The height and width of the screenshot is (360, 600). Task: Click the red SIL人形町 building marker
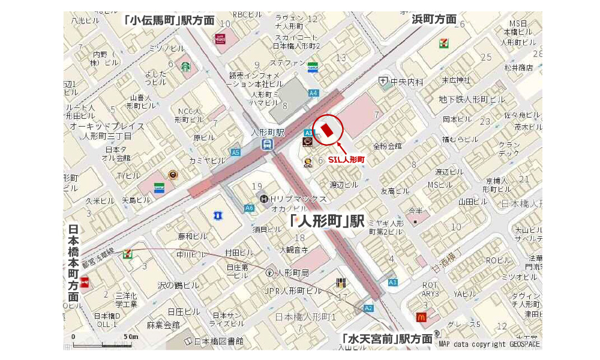(327, 130)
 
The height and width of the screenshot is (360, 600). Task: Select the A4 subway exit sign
(313, 93)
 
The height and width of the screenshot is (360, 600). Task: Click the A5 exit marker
(235, 152)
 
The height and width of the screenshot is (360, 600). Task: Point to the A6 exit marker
(249, 208)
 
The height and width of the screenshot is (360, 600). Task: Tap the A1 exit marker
(393, 282)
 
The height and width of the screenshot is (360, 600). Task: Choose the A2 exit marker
(368, 308)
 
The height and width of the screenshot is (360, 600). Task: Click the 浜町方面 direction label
(434, 19)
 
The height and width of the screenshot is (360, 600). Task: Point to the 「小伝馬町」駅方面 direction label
(169, 20)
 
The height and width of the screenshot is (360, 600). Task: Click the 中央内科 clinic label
(406, 82)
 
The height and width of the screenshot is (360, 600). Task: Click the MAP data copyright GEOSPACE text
(489, 344)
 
